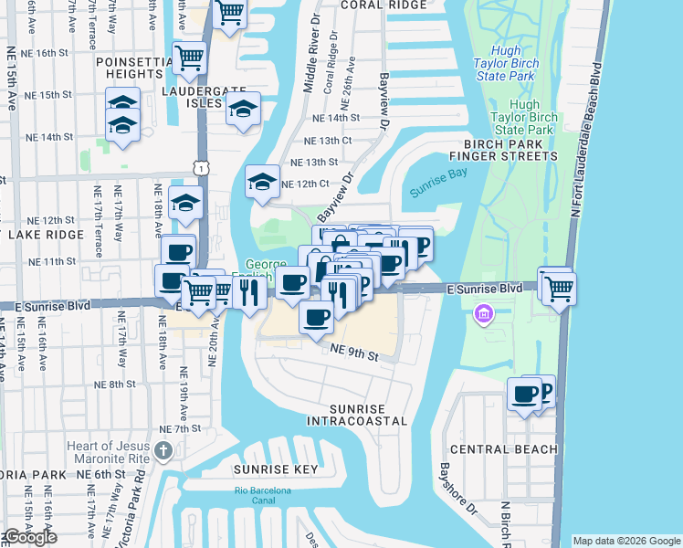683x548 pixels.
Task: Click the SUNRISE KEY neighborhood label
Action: [275, 469]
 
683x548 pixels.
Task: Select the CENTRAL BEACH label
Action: [503, 449]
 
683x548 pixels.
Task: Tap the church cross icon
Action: [163, 450]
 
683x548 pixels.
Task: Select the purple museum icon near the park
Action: [482, 314]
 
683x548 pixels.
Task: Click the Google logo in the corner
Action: [30, 537]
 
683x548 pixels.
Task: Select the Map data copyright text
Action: [625, 541]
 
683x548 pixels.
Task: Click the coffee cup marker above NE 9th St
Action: [317, 318]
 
